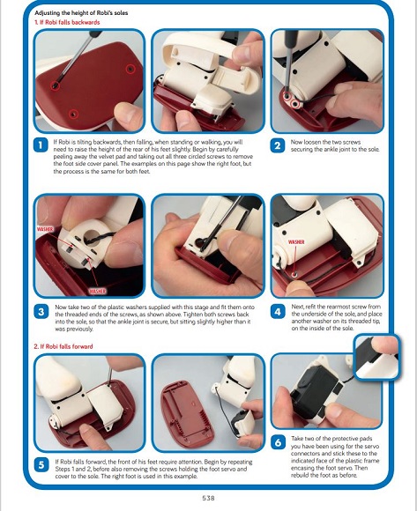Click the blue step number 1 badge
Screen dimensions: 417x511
coord(41,145)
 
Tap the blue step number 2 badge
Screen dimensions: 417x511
coord(278,145)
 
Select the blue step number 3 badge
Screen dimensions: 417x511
coord(41,312)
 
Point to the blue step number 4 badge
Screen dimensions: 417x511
coord(278,312)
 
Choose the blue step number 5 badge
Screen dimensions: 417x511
coord(41,464)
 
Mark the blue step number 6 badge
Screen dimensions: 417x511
coord(278,442)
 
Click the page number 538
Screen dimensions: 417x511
coord(208,498)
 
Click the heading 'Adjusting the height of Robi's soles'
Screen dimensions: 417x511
coord(81,13)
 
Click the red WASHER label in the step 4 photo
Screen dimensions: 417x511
coord(296,242)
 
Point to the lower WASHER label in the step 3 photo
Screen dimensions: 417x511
coord(97,291)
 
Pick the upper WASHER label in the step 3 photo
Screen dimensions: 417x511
coord(45,229)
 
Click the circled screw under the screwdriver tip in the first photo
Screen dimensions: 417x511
coord(55,85)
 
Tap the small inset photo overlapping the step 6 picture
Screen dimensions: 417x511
coord(377,357)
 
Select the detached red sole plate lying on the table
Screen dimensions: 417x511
coord(188,415)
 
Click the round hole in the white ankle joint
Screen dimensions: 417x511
coord(92,236)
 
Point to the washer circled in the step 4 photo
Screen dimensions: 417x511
coord(294,274)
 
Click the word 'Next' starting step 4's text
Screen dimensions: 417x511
coord(297,307)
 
